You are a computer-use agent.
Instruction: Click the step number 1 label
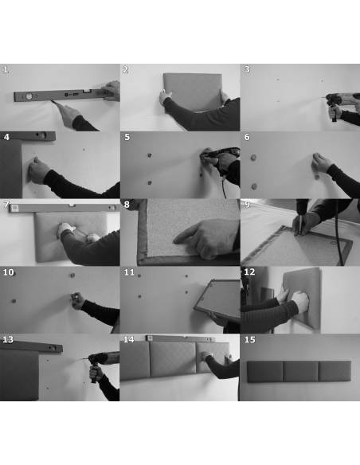(x=6, y=70)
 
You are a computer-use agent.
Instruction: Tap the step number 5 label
(x=127, y=137)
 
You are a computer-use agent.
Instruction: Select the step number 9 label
(x=247, y=205)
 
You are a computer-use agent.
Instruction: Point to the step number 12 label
(x=249, y=272)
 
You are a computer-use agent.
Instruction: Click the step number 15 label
(x=249, y=339)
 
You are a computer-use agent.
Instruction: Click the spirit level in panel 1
(x=59, y=95)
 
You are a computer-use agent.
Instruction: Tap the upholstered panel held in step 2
(x=193, y=92)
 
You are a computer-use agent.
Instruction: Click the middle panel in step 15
(x=301, y=371)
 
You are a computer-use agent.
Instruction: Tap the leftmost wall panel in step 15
(x=265, y=371)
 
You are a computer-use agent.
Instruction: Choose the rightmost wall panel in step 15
(x=335, y=371)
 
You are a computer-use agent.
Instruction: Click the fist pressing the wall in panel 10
(x=78, y=300)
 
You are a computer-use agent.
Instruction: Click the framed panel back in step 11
(x=218, y=298)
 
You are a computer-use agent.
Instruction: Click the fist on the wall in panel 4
(x=38, y=170)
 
